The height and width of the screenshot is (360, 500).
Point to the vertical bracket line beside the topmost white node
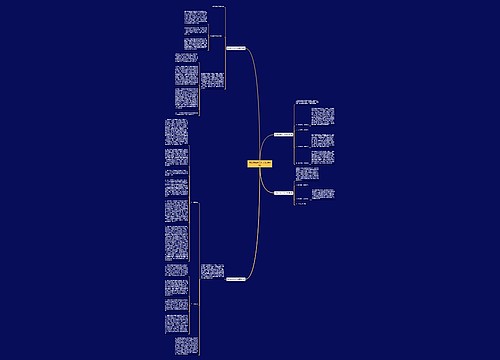[225, 47]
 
